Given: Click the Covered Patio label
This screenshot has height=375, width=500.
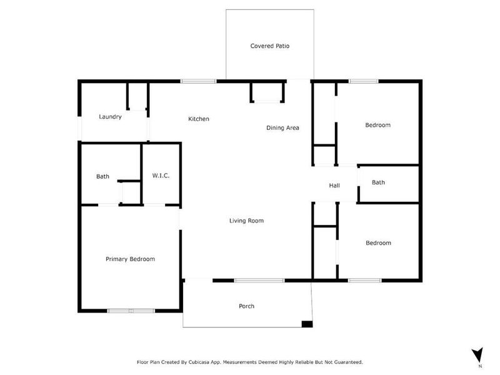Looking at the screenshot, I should coord(269,46).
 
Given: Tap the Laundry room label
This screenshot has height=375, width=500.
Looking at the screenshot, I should coord(110,117).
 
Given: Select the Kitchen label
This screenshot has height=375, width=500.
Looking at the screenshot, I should coord(199,119).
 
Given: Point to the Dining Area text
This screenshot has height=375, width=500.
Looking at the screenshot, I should coord(282,128).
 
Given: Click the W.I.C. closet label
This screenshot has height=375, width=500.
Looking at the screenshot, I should coord(161,176).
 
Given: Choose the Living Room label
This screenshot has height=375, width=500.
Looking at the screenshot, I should coord(246,221).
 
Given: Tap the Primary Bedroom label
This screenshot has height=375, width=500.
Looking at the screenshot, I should coord(130,259).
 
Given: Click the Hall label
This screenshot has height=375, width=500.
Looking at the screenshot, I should coord(334,186).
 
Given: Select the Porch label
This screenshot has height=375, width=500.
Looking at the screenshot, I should coord(246,306).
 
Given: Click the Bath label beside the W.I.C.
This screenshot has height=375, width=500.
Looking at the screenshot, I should coord(102,176).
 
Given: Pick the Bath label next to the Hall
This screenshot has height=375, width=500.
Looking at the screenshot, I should coord(378,182).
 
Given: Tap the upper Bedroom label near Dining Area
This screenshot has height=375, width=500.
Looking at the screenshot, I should coord(377,125).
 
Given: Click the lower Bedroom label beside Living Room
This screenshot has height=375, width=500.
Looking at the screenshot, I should coord(378,243).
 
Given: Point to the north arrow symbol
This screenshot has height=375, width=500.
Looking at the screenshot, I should coord(478,355).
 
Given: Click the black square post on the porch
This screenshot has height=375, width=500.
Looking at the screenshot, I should coord(306,324).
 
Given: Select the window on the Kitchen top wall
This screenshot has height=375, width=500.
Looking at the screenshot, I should coord(199,81).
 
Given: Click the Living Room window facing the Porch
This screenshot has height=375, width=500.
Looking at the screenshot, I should coord(259,280).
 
